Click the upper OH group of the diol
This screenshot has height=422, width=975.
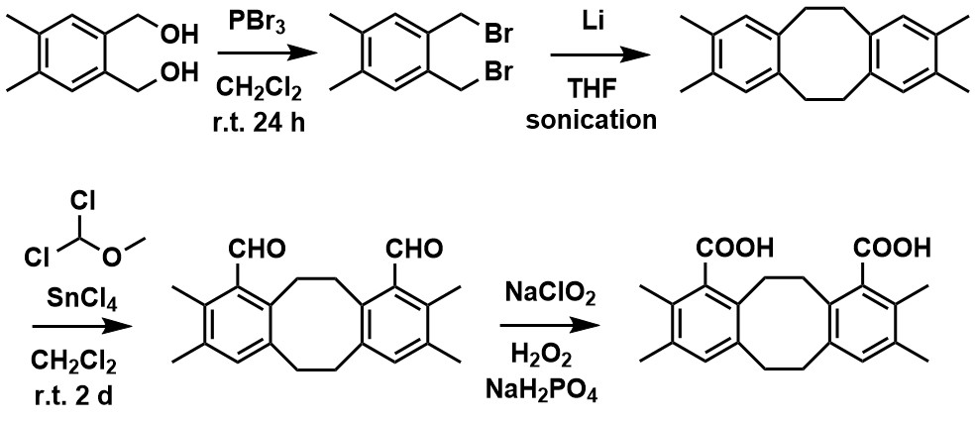177,37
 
